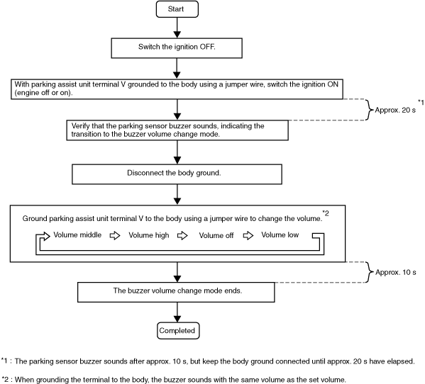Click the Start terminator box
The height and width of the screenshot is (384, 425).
point(177,9)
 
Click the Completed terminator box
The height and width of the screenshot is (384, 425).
point(178,330)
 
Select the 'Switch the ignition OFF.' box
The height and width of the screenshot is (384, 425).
point(177,48)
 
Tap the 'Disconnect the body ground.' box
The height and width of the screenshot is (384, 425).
point(177,174)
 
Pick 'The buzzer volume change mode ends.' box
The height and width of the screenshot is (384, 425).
point(176,292)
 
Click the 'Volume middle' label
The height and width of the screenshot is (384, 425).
point(77,235)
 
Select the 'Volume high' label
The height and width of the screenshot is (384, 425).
point(149,235)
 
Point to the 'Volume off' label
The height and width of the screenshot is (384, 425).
point(216,235)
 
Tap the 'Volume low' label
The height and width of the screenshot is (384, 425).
point(280,235)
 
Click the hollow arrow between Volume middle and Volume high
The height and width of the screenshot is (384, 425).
point(115,235)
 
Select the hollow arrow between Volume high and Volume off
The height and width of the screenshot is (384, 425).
point(182,235)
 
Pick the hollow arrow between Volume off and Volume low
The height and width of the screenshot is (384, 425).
point(248,235)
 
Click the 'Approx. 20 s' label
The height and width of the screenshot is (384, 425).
point(395,110)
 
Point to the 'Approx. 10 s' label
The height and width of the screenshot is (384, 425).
point(396,272)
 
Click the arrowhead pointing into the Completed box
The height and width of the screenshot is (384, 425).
point(177,319)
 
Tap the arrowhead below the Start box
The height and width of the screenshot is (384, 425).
point(177,35)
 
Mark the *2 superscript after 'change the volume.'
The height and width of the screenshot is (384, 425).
point(326,213)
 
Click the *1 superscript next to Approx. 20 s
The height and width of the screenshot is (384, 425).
point(421,102)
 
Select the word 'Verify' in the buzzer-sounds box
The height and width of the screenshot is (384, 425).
point(80,126)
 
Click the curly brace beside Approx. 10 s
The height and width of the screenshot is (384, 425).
point(370,272)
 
